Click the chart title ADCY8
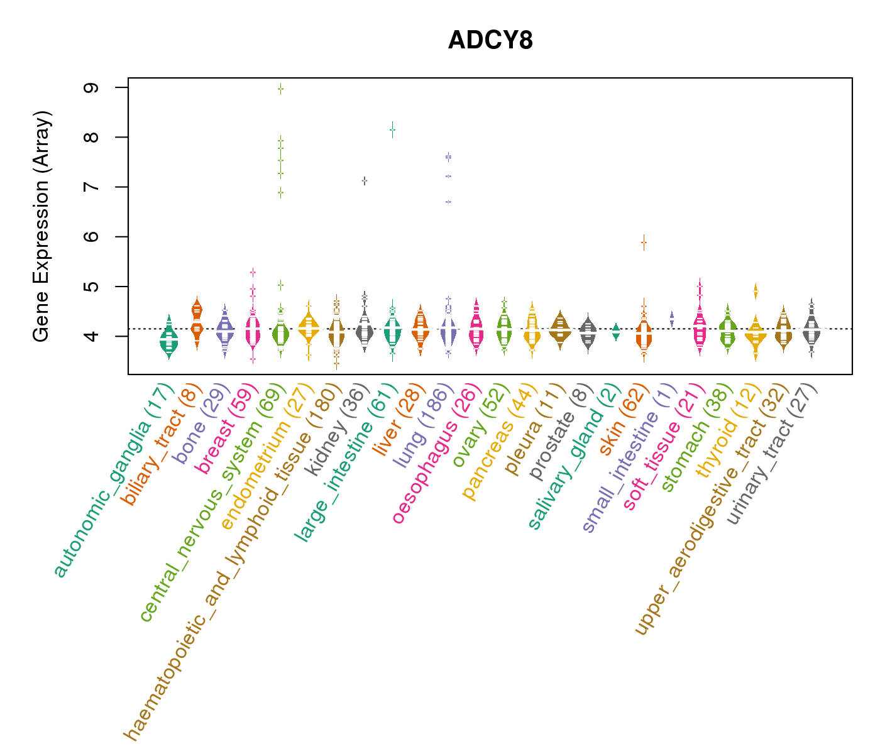[490, 40]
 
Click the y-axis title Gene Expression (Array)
[41, 226]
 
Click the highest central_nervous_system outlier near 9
[281, 89]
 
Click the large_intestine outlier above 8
[392, 130]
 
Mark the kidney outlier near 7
[365, 181]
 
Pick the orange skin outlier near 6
[644, 243]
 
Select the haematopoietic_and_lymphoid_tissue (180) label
[233, 562]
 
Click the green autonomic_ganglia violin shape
[168, 339]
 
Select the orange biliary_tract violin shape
[197, 320]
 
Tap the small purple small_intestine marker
[672, 319]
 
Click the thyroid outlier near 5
[756, 291]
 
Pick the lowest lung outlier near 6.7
[448, 202]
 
